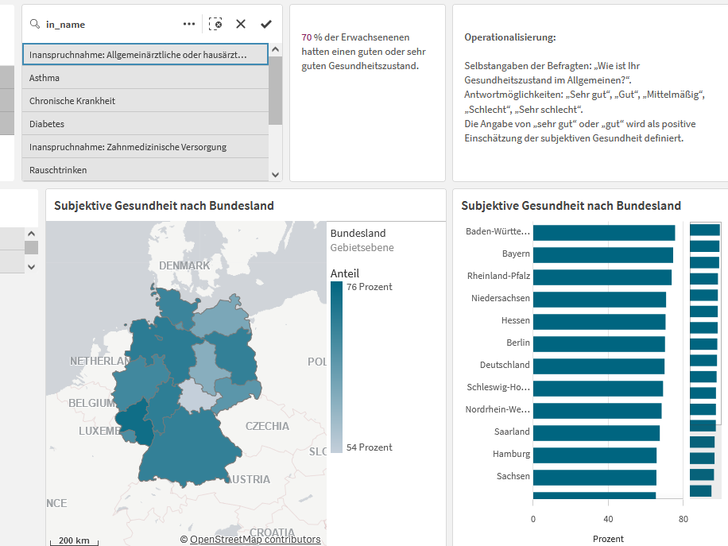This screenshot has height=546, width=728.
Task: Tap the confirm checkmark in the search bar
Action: pos(266,24)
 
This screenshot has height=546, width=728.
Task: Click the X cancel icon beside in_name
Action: pos(241,24)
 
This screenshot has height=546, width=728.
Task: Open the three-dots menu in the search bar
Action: pos(189,24)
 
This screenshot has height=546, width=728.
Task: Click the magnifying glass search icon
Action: pos(35,24)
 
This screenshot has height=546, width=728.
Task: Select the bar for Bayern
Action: pos(603,255)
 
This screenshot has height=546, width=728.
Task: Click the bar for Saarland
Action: pos(596,433)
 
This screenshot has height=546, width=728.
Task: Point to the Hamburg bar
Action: pos(594,455)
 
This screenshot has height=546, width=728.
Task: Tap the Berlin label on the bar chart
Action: pos(518,343)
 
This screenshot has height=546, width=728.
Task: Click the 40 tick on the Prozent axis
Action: pos(608,519)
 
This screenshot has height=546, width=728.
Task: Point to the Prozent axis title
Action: pos(608,539)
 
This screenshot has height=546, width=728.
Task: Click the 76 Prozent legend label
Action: pos(369,287)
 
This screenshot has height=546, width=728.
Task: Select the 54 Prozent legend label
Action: pos(369,447)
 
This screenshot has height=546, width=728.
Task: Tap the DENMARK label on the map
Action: pos(184,265)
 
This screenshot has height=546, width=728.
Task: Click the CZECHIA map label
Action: pos(267,426)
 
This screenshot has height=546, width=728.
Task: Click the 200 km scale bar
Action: pos(74,541)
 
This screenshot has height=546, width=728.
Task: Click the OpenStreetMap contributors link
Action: pos(255,540)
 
